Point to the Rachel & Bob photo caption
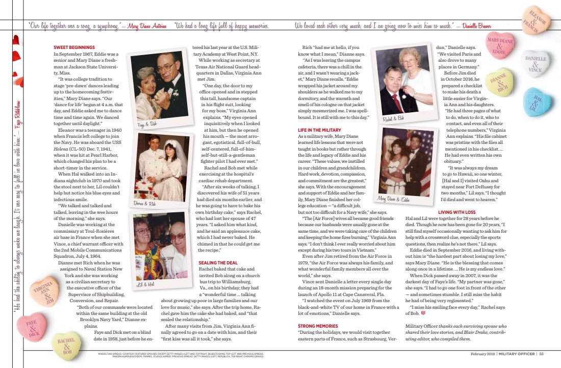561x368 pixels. click(393, 118)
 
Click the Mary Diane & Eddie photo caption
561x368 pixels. click(394, 199)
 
